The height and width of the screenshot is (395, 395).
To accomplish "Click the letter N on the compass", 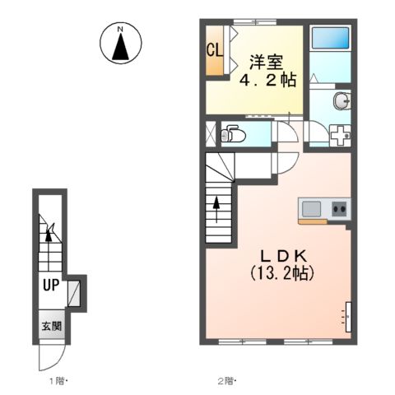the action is coord(120,29).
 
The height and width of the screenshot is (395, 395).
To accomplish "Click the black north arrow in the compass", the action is coord(120,47).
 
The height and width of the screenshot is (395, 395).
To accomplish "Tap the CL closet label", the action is coord(215,50).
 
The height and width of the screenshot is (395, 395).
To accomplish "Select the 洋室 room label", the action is coord(266,63).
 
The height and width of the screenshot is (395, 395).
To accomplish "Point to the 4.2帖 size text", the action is coord(268,80).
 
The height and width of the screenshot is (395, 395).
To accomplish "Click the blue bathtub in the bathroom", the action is coord(331,38).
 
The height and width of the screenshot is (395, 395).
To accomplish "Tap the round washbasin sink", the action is coord(341,101).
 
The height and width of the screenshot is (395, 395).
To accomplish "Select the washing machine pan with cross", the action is coord(341,135).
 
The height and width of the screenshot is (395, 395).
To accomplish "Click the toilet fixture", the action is coord(233,134).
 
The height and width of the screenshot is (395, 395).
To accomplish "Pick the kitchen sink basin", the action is coord(311,209).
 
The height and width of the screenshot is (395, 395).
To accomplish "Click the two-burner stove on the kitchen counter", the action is coord(340,209).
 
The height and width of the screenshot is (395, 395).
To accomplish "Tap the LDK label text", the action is coord(283,257).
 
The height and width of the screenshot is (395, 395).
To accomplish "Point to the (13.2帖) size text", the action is coord(282,273).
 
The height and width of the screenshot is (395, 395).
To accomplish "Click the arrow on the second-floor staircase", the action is coord(216,209).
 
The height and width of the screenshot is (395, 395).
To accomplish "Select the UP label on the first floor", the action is coord(51,285).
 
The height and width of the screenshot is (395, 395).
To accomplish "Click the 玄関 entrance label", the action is coord(52,326).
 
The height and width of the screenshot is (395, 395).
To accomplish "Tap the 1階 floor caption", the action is coord(58,381).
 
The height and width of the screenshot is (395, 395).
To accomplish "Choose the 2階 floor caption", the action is coord(227,381).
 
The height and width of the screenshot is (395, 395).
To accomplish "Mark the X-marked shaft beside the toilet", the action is coord(211,134).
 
